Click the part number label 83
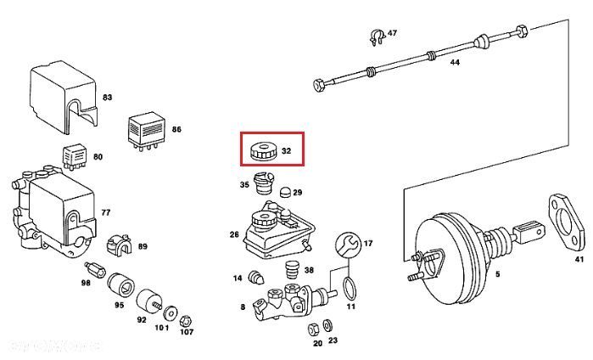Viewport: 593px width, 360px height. click(x=107, y=98)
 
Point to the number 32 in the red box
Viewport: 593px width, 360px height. click(x=286, y=152)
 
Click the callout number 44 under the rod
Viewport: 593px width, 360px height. click(x=455, y=64)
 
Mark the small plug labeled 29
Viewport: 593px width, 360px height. click(x=284, y=193)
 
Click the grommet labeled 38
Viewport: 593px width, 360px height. click(x=291, y=271)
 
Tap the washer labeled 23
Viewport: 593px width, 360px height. click(x=329, y=326)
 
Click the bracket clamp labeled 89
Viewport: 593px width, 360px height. click(x=121, y=248)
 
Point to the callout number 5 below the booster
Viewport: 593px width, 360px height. click(x=497, y=273)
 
